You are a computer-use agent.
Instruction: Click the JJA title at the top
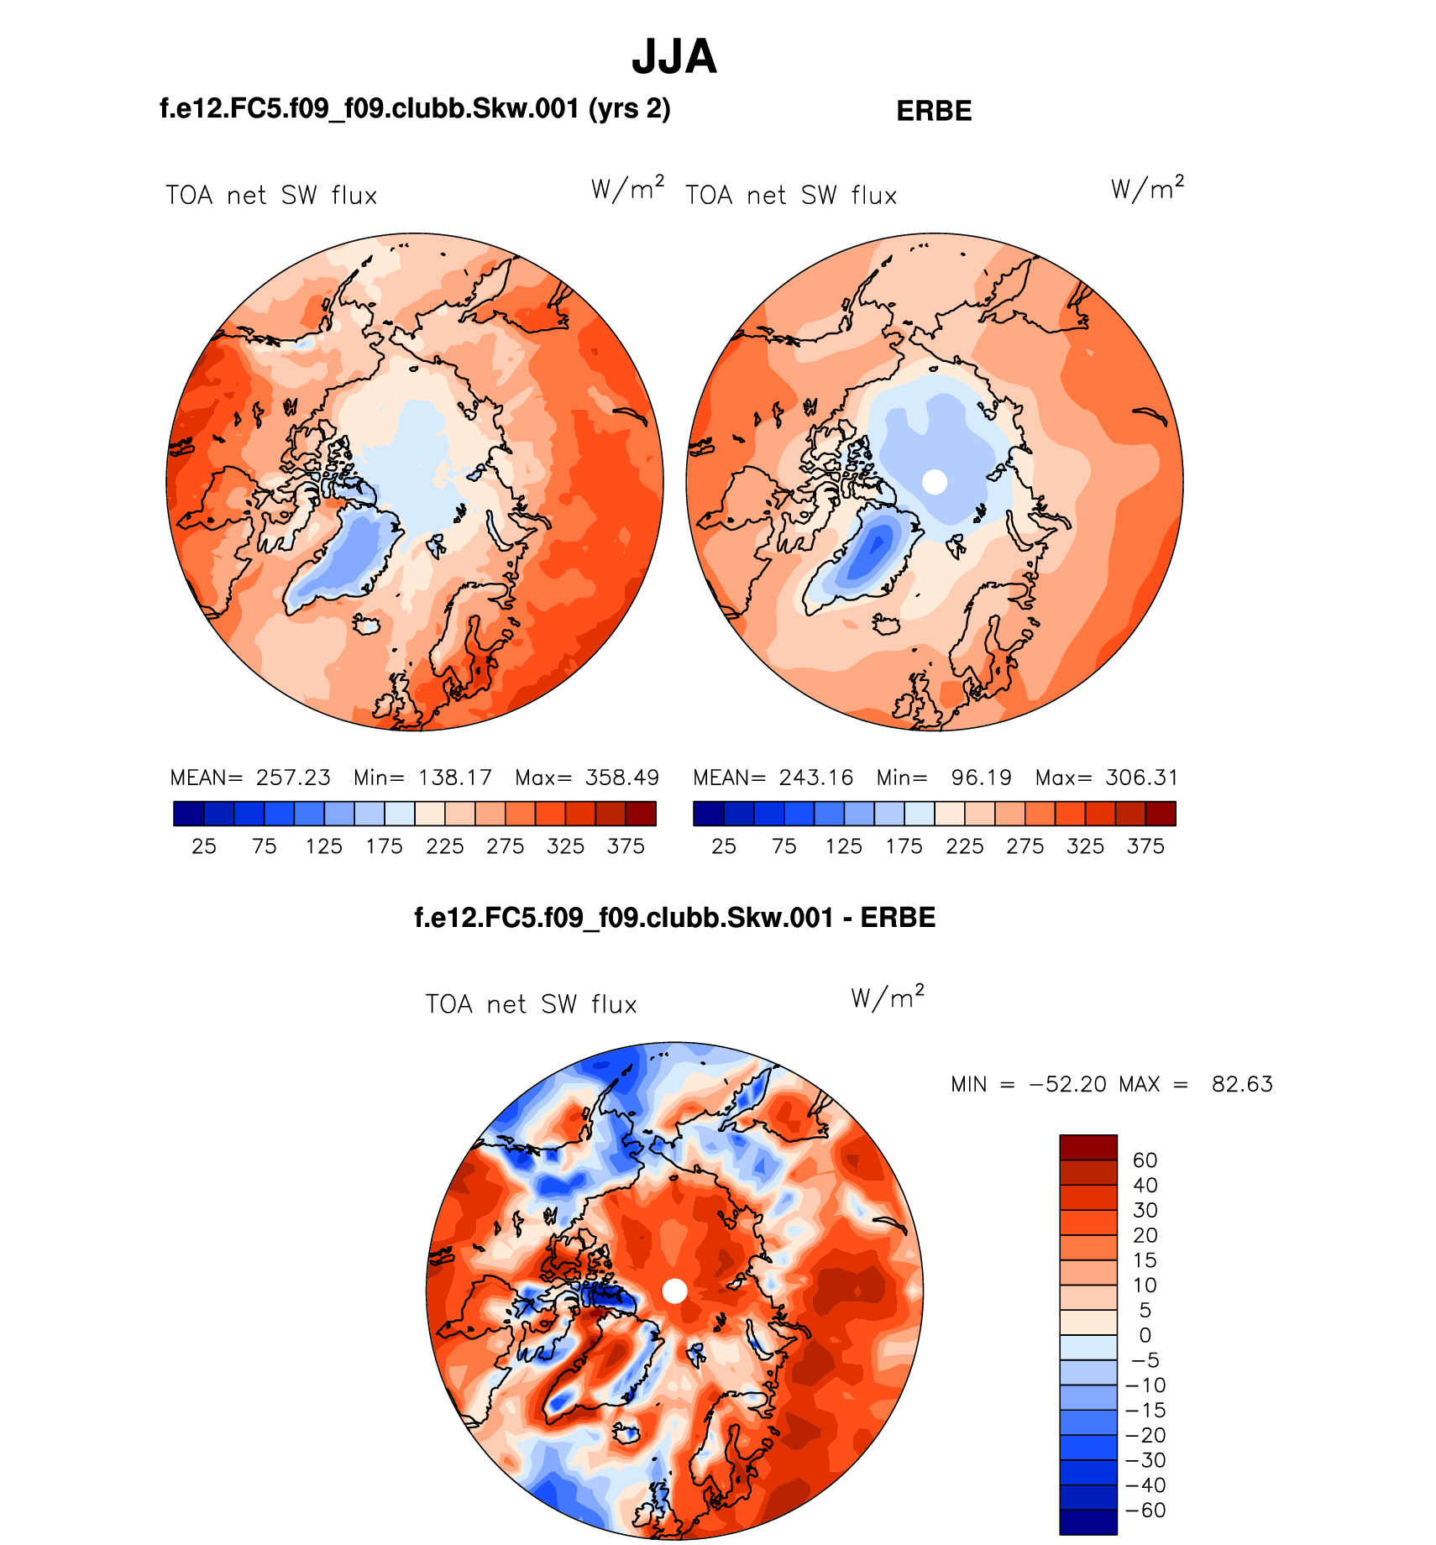[674, 57]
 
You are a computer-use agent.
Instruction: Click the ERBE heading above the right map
[934, 111]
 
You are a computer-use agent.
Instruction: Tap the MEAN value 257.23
[293, 778]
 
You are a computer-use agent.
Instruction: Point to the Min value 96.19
[981, 778]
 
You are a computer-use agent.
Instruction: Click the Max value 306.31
[1141, 778]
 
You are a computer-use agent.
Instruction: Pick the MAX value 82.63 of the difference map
[1242, 1084]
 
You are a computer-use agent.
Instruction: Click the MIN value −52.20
[1068, 1084]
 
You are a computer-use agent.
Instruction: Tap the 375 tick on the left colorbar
[626, 846]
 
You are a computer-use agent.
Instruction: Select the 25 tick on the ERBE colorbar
[724, 846]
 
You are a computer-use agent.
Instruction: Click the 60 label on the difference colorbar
[1145, 1160]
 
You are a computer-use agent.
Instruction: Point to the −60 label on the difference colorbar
[1145, 1511]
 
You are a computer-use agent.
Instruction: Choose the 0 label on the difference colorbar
[1145, 1335]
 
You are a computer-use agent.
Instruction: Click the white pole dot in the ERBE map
[935, 482]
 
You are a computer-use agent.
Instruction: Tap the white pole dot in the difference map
[674, 1291]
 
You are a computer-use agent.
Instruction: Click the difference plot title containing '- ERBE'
[674, 918]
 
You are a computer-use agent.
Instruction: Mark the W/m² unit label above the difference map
[887, 998]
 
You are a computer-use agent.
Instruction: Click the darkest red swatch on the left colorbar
[641, 814]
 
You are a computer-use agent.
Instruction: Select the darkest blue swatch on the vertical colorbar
[1088, 1522]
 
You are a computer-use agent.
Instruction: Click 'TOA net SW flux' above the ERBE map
[791, 196]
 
